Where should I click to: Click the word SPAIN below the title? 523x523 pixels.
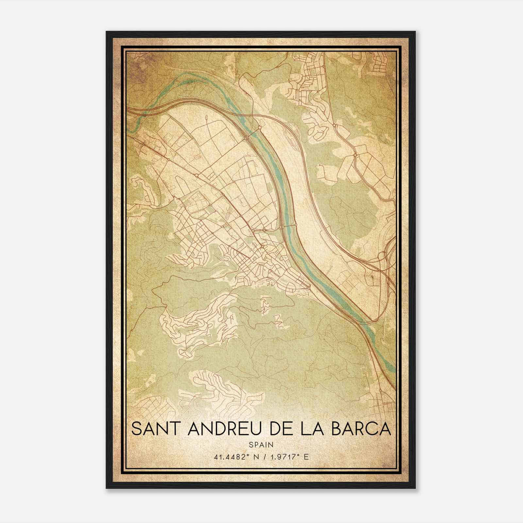coord(261,444)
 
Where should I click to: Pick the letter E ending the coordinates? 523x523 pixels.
coord(306,457)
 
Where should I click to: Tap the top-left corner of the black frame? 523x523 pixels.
coord(107,32)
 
